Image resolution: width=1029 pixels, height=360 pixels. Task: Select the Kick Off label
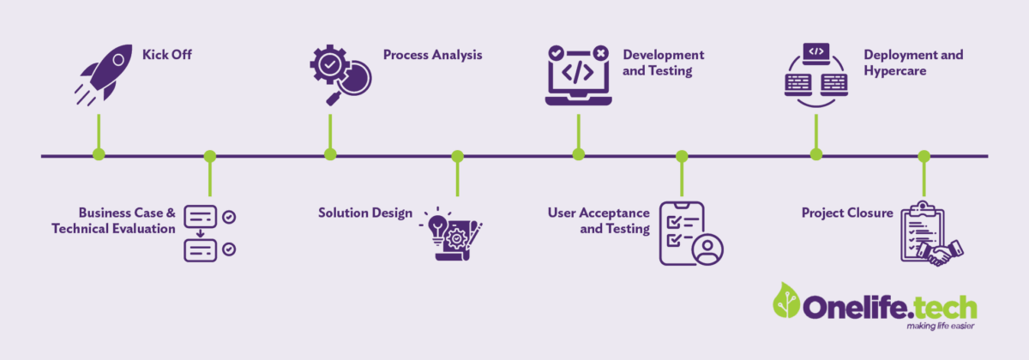[167, 55]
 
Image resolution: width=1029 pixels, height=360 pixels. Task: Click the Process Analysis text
[432, 55]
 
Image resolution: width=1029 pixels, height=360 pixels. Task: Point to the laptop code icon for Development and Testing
[578, 75]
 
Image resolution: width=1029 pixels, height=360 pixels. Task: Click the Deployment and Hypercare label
[913, 63]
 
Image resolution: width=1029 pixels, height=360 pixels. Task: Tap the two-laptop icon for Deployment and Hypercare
[816, 76]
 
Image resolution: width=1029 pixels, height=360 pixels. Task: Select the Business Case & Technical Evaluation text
[113, 220]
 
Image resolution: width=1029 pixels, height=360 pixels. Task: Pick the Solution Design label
[365, 213]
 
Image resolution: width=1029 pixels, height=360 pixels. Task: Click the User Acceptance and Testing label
[599, 220]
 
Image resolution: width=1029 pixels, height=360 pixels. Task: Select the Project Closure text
[847, 213]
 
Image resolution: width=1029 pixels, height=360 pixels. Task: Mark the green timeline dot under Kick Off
[99, 154]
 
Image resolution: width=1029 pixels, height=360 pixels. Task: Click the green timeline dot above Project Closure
[924, 156]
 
